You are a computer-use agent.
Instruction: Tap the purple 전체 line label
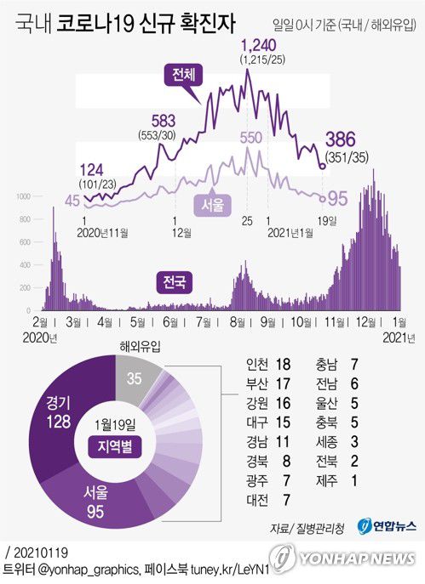(x=182, y=75)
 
